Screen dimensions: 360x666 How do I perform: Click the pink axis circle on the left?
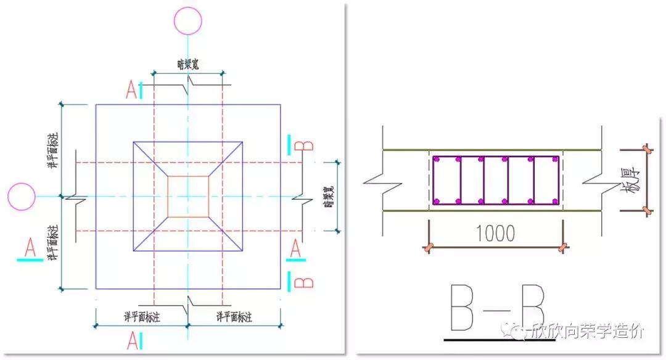pyautogui.click(x=22, y=197)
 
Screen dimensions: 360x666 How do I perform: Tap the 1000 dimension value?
pyautogui.click(x=496, y=234)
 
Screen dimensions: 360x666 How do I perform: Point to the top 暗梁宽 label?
pyautogui.click(x=187, y=63)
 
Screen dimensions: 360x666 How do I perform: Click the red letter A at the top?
pyautogui.click(x=131, y=90)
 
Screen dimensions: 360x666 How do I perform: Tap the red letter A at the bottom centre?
pyautogui.click(x=131, y=340)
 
